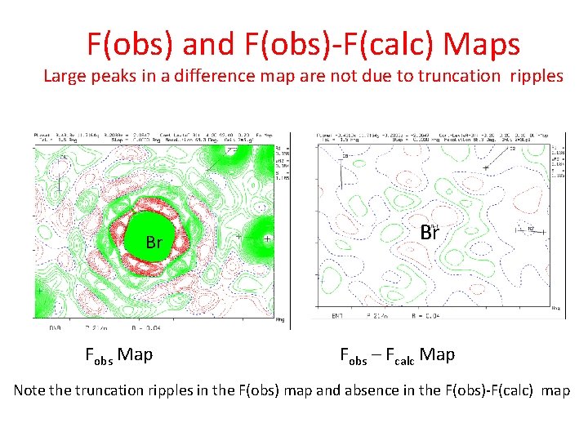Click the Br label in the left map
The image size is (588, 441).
(x=154, y=243)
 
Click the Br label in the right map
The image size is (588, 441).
(x=430, y=233)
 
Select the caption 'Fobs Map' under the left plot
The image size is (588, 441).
(x=118, y=354)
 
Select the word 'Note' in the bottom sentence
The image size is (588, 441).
(x=29, y=390)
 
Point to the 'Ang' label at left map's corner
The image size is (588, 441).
(x=281, y=319)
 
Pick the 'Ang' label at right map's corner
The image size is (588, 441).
(x=556, y=309)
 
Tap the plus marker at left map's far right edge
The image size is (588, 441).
(x=266, y=239)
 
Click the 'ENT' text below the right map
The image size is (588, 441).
(x=337, y=315)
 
